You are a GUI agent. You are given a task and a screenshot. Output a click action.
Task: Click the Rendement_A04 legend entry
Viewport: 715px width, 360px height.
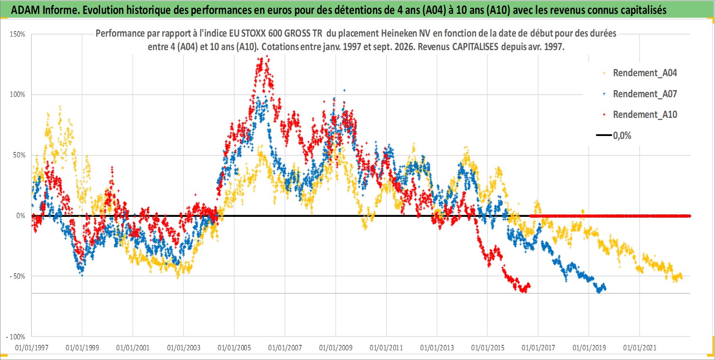point(645,73)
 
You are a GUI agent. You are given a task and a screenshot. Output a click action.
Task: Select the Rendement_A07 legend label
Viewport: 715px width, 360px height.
point(645,94)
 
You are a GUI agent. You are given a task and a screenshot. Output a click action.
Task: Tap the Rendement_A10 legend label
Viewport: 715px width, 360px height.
point(645,115)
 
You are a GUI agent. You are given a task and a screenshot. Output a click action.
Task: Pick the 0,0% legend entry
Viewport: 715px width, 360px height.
point(622,136)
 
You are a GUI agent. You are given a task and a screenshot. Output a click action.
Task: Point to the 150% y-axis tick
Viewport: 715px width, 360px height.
point(17,34)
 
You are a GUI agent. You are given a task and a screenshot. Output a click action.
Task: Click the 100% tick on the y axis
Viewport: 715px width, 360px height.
point(17,94)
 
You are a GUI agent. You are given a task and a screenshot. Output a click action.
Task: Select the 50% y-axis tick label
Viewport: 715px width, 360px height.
point(19,155)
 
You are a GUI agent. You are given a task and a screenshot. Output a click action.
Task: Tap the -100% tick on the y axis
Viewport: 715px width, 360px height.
point(15,337)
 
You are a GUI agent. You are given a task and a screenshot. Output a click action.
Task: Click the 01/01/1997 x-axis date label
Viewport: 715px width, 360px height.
point(32,347)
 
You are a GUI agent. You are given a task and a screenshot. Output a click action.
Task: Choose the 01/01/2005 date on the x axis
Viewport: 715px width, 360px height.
point(234,347)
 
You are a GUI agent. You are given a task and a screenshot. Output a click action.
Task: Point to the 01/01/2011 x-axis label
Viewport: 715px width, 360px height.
point(386,347)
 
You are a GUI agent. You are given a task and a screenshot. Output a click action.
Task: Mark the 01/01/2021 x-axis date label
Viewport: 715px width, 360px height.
point(640,347)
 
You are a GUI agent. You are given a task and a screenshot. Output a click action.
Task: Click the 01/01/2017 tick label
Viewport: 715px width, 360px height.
point(538,347)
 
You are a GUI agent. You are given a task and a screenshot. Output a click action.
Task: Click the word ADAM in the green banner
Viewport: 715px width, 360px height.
point(26,10)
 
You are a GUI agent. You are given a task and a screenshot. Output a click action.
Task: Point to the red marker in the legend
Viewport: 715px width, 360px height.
point(604,115)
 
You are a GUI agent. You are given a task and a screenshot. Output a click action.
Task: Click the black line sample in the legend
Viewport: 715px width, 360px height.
point(603,135)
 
